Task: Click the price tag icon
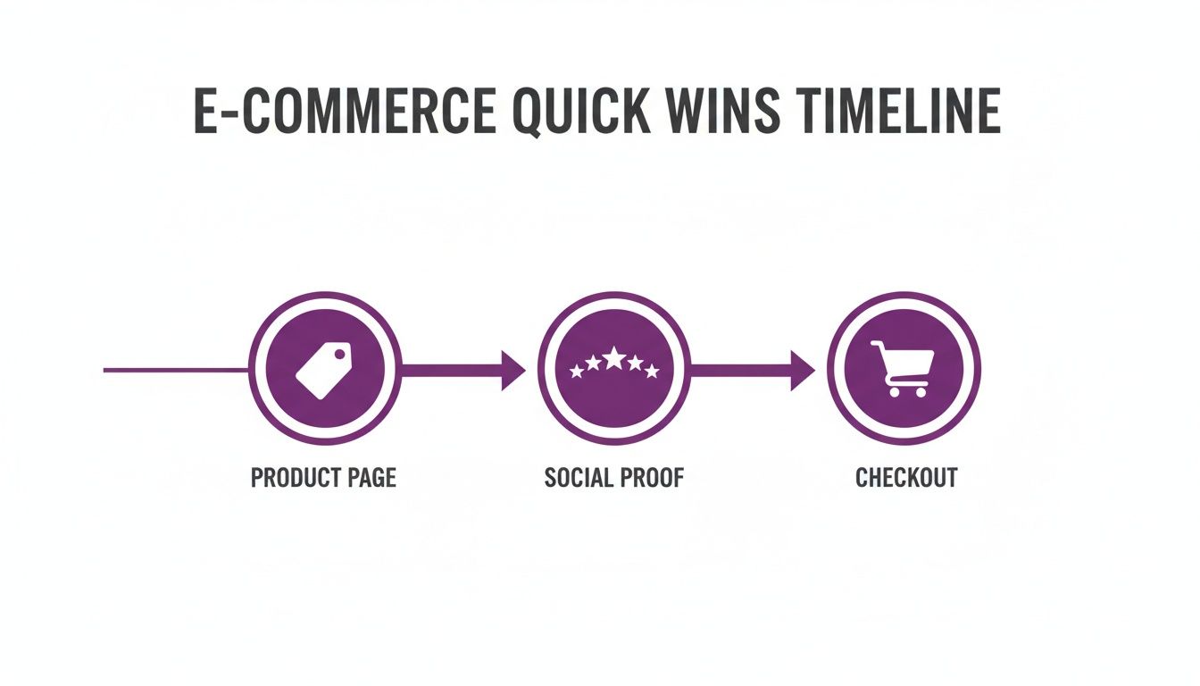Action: tap(323, 370)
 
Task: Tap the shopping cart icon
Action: tap(904, 368)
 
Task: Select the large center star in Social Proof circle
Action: tap(614, 359)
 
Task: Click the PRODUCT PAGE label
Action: tap(323, 478)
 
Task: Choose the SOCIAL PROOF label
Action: tap(614, 478)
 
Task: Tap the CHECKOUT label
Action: tap(905, 478)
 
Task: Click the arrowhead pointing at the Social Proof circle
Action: tap(513, 370)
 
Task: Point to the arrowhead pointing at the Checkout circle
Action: tap(803, 370)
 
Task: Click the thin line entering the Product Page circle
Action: tap(175, 370)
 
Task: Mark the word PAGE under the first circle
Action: tap(369, 478)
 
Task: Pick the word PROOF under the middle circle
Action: tap(653, 478)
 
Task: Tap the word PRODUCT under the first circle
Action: tap(297, 478)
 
